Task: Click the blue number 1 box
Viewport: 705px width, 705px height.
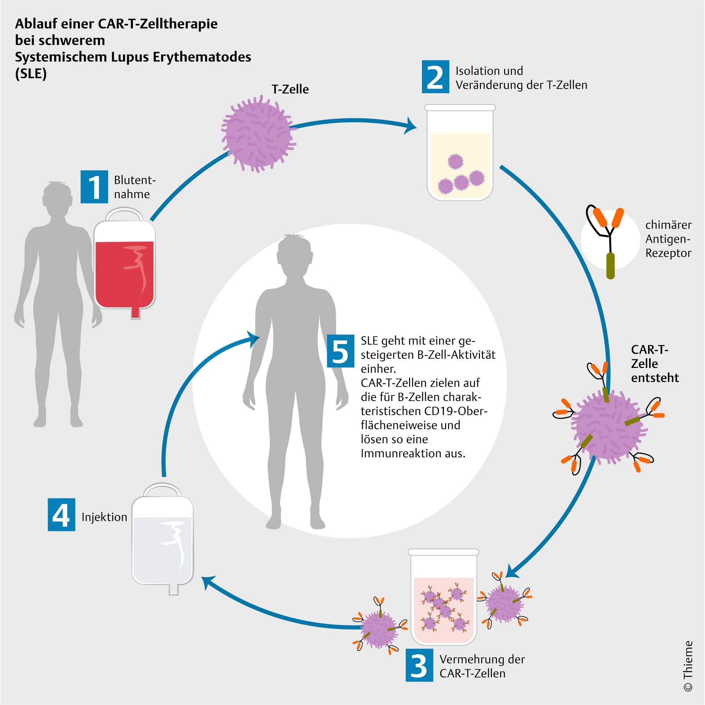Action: point(94,187)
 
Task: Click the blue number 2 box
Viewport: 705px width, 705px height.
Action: point(435,76)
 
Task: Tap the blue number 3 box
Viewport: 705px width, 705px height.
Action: point(419,665)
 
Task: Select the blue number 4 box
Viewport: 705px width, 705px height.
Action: point(61,514)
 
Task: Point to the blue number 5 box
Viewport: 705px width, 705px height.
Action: point(340,351)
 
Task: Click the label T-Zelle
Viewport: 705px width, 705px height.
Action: point(290,89)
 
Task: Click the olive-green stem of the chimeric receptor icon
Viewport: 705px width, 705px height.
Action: point(610,265)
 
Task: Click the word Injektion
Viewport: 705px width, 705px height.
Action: point(104,517)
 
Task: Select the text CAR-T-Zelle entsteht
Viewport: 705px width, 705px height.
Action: point(654,364)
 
